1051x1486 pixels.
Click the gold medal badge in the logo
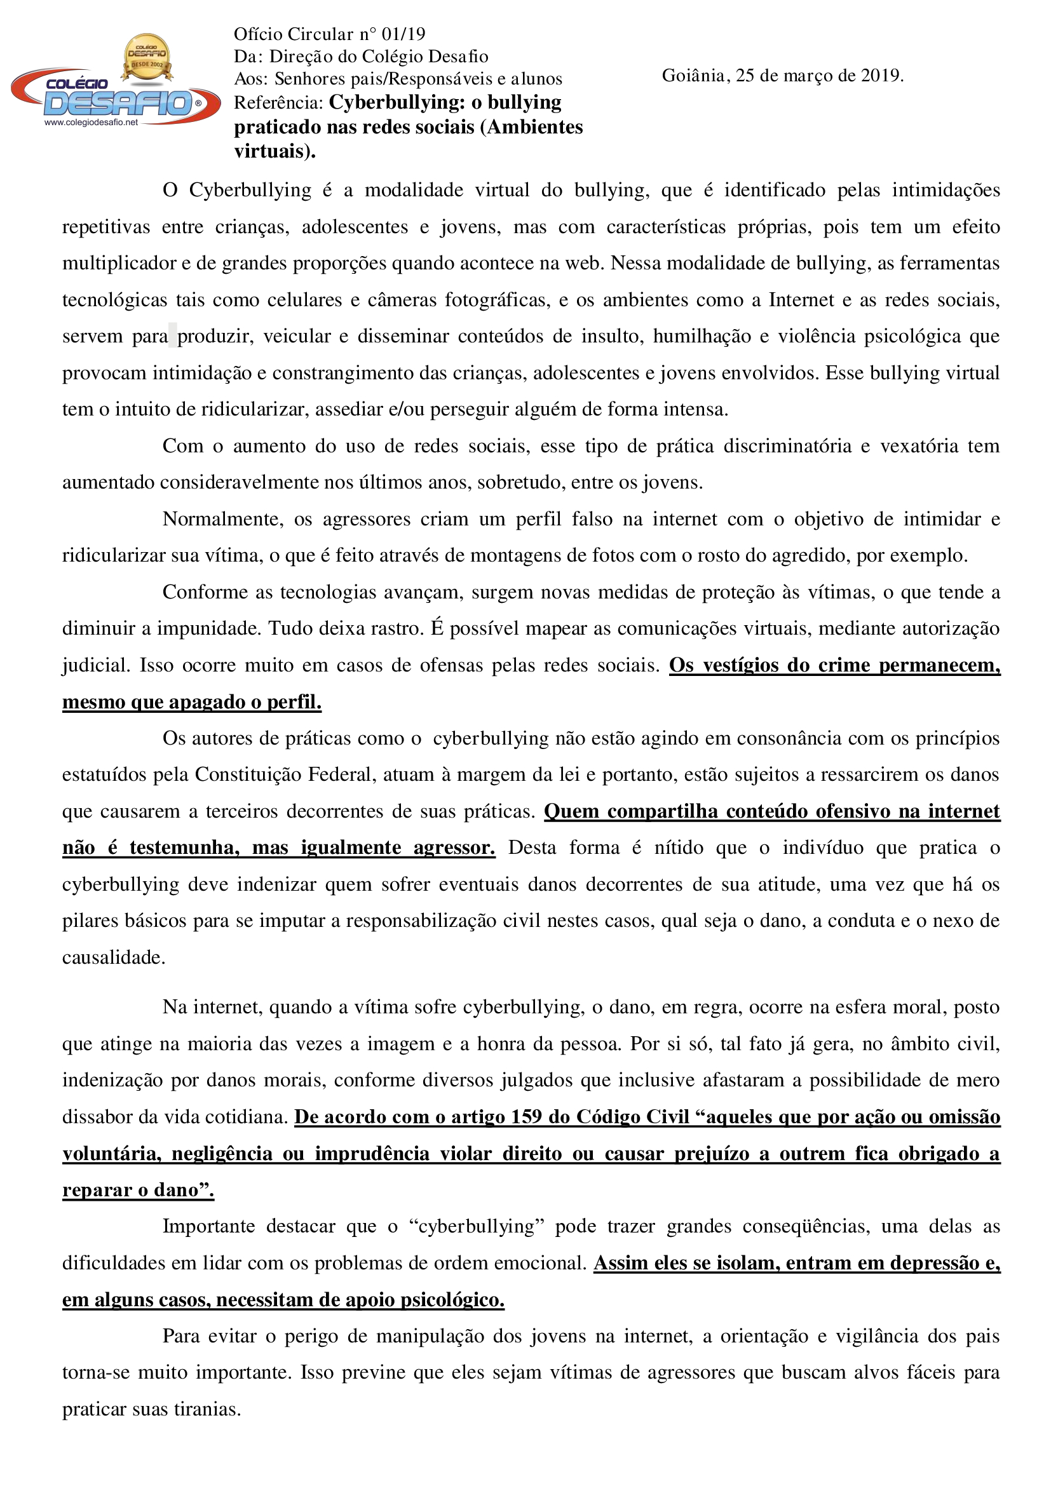coord(147,58)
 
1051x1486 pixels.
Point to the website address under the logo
coord(92,123)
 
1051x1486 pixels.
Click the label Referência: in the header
coord(278,103)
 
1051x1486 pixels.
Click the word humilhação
coord(702,337)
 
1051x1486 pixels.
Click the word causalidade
coord(113,957)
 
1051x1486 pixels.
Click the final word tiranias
coord(208,1410)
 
